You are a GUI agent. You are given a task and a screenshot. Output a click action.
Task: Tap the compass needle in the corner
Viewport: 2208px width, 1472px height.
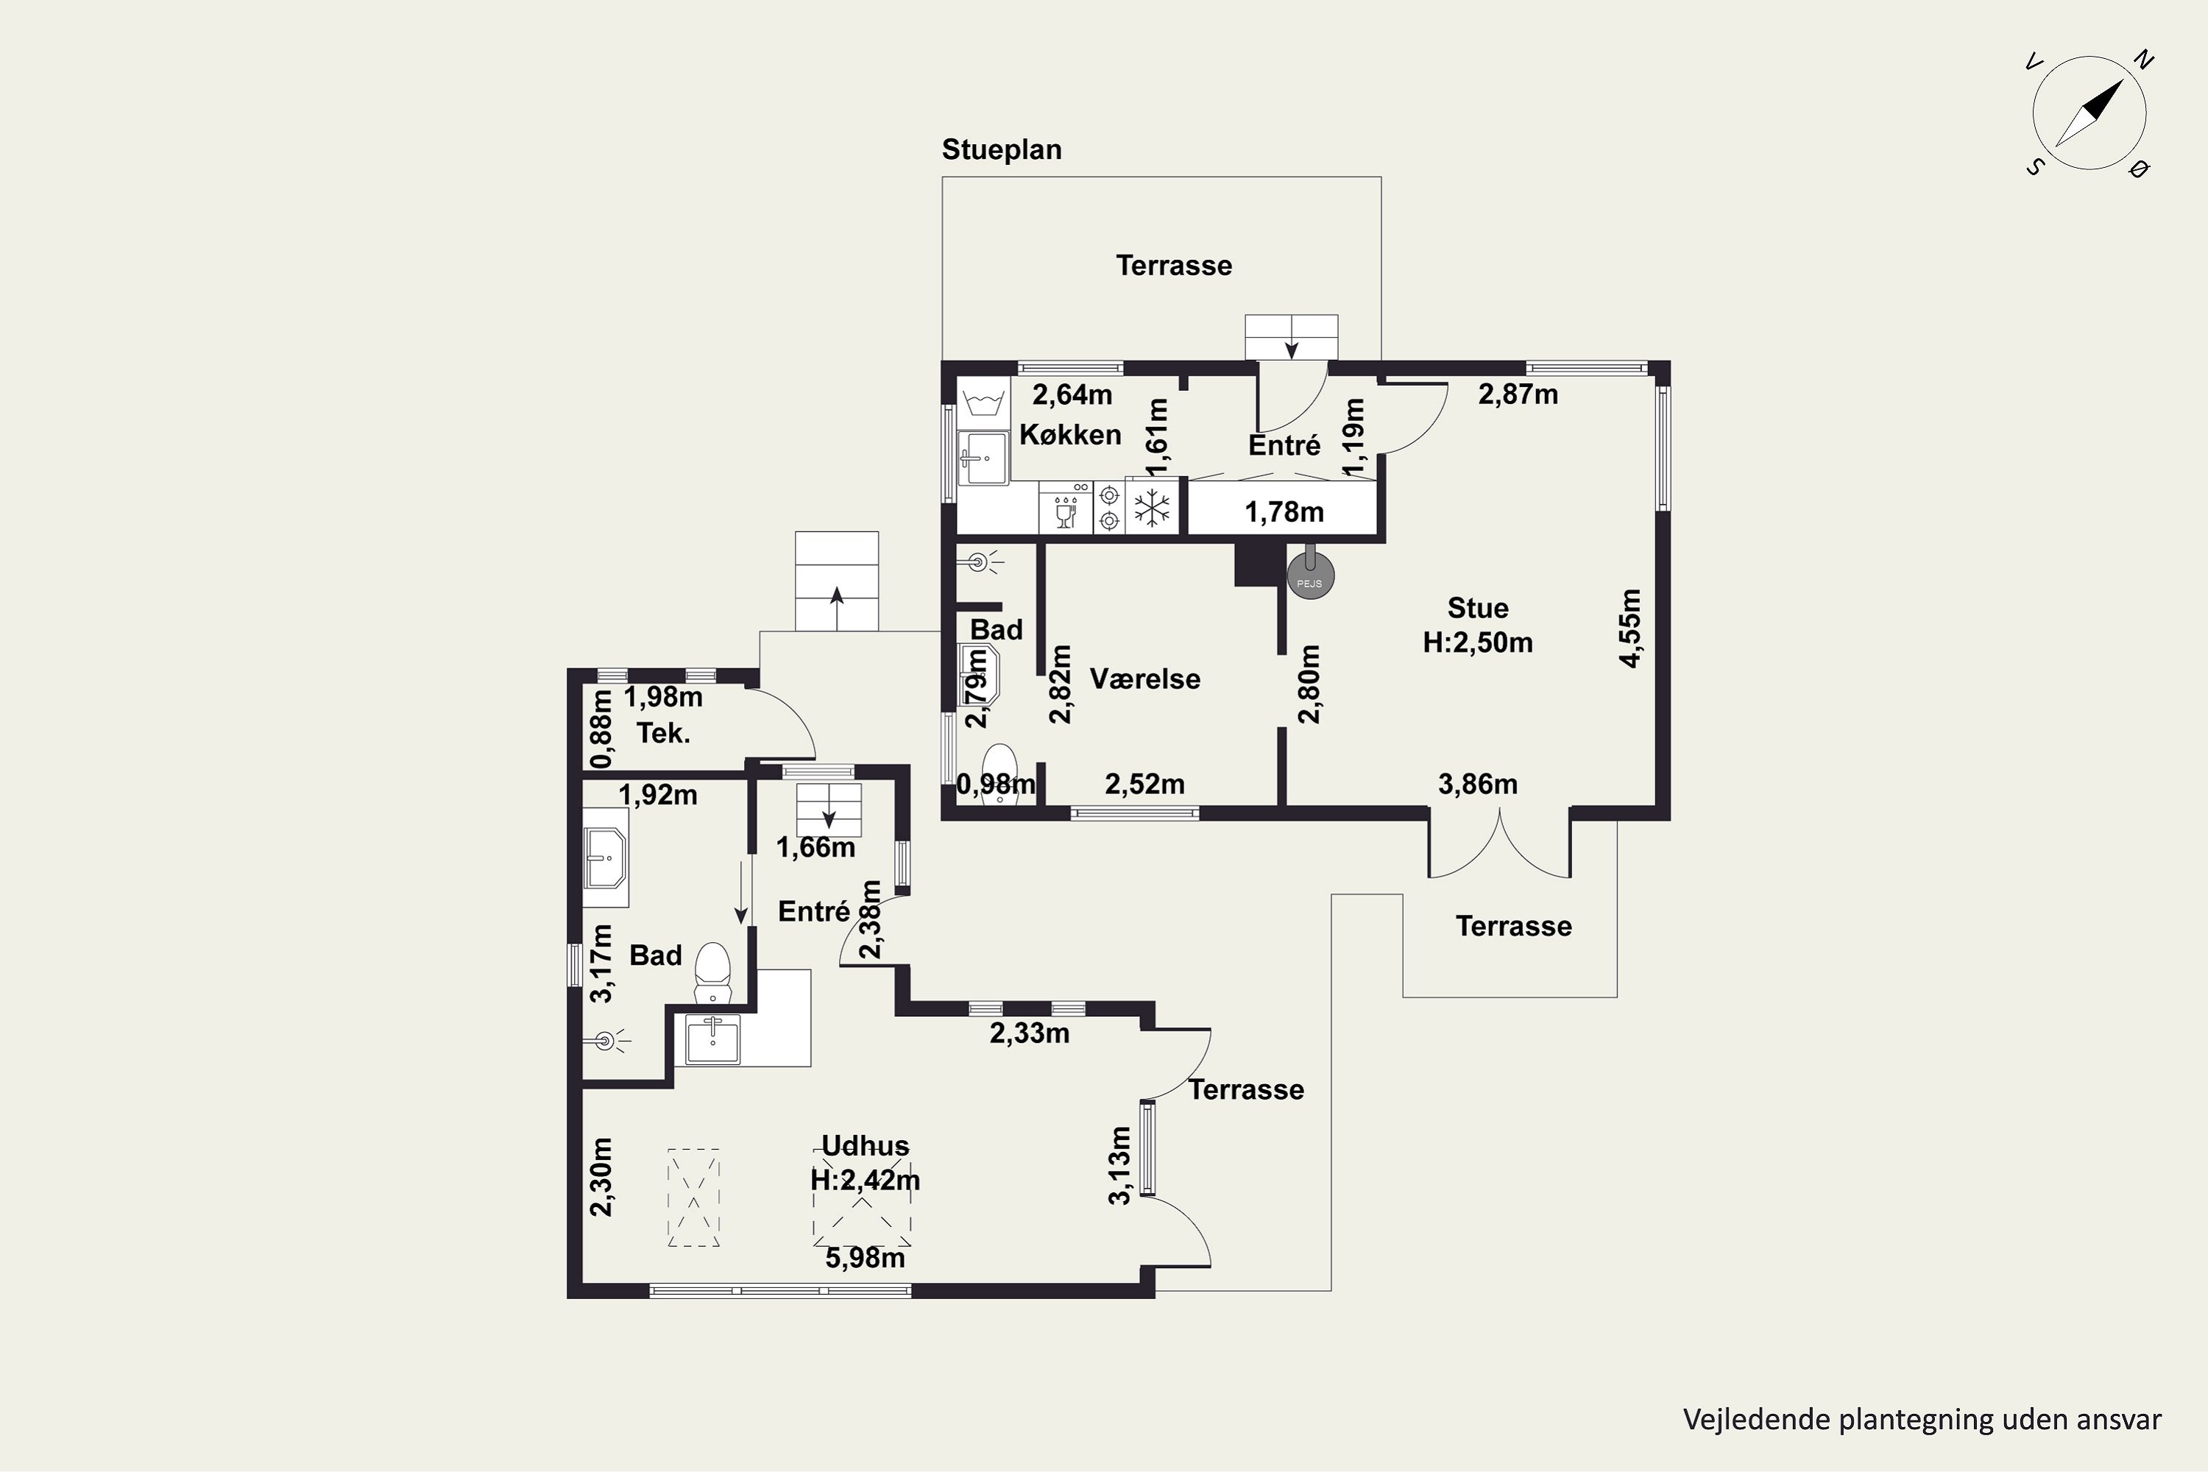click(x=2089, y=113)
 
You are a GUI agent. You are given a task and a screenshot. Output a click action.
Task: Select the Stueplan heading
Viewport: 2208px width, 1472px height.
click(x=1002, y=149)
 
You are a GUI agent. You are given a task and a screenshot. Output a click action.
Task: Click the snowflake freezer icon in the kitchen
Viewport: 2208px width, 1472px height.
click(x=1152, y=508)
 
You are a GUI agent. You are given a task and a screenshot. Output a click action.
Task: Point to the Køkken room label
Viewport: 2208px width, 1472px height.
click(x=1070, y=435)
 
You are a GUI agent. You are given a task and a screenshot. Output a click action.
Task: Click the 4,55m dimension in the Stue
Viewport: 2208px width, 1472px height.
click(x=1631, y=628)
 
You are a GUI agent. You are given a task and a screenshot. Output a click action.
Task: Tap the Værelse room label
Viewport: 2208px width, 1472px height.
click(x=1144, y=679)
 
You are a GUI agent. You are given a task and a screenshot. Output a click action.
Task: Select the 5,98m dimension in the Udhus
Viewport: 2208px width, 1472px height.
click(x=865, y=1258)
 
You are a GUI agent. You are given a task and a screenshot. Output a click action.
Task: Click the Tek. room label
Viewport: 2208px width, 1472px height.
click(x=664, y=733)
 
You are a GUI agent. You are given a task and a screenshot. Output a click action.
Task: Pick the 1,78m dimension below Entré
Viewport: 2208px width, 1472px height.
click(x=1284, y=512)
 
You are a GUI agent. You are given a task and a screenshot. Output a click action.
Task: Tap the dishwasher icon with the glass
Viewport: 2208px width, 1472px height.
click(x=1066, y=508)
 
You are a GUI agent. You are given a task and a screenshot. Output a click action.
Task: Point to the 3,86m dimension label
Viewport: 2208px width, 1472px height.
click(x=1478, y=784)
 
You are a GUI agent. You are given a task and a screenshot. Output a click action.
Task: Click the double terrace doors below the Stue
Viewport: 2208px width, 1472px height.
click(x=1499, y=845)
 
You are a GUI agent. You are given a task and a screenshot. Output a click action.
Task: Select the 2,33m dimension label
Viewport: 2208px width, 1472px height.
click(x=1030, y=1033)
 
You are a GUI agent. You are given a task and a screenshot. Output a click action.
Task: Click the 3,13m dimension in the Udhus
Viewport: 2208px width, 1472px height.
click(x=1120, y=1164)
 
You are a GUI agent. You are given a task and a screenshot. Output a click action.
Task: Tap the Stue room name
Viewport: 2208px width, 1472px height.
click(x=1478, y=609)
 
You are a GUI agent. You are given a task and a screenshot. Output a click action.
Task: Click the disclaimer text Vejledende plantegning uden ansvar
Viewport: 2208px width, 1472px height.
click(x=1922, y=1420)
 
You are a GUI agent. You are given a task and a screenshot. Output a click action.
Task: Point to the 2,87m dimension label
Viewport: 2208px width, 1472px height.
click(x=1518, y=394)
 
